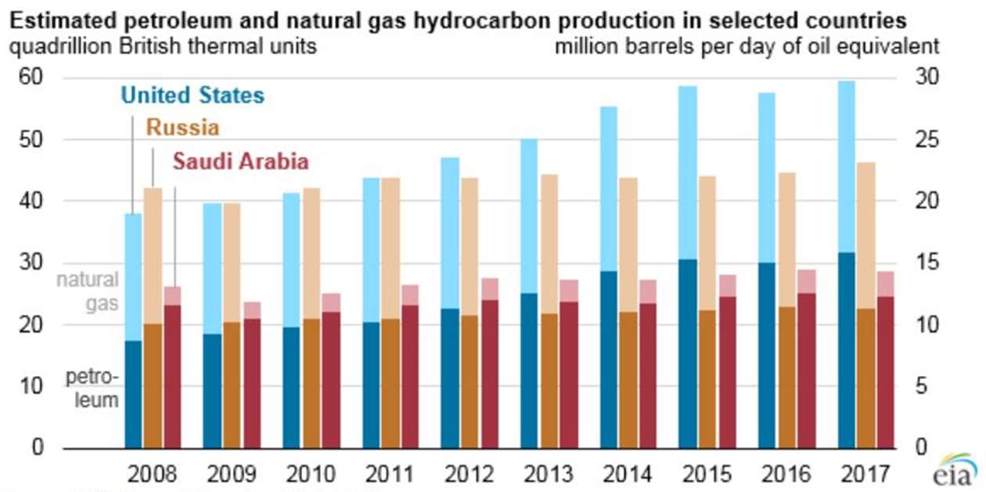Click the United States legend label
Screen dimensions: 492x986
pyautogui.click(x=192, y=96)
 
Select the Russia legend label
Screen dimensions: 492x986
pyautogui.click(x=182, y=128)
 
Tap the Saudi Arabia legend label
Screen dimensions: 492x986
pyautogui.click(x=240, y=161)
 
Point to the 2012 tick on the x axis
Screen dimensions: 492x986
pyautogui.click(x=468, y=474)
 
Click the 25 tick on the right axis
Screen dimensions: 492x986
pyautogui.click(x=931, y=139)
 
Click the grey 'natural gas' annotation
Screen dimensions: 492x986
pyautogui.click(x=87, y=291)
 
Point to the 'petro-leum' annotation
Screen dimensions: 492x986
pyautogui.click(x=92, y=389)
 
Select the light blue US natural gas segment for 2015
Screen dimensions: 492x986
pyautogui.click(x=688, y=172)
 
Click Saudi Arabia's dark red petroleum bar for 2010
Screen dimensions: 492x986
pyautogui.click(x=330, y=380)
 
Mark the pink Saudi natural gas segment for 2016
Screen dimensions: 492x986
pyautogui.click(x=806, y=281)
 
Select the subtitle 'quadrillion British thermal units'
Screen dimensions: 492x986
pyautogui.click(x=163, y=46)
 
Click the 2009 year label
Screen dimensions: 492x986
pyautogui.click(x=232, y=474)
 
